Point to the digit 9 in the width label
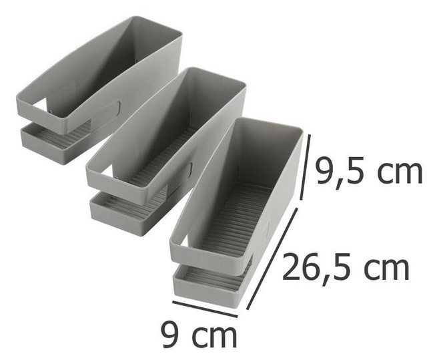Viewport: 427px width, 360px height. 171,333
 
